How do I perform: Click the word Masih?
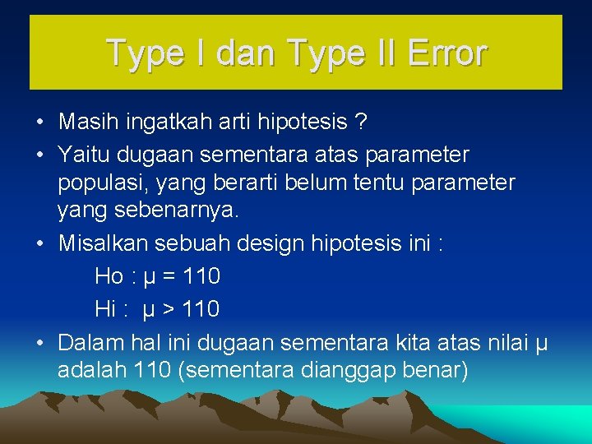[x=86, y=123]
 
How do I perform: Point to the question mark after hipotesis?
[x=359, y=123]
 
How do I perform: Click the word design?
[x=268, y=244]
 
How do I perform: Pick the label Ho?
[x=109, y=276]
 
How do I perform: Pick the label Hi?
[x=105, y=309]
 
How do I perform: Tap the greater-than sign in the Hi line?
[x=169, y=310]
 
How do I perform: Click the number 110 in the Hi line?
[x=201, y=309]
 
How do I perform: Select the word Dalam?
[x=89, y=341]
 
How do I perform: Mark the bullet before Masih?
[x=40, y=123]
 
